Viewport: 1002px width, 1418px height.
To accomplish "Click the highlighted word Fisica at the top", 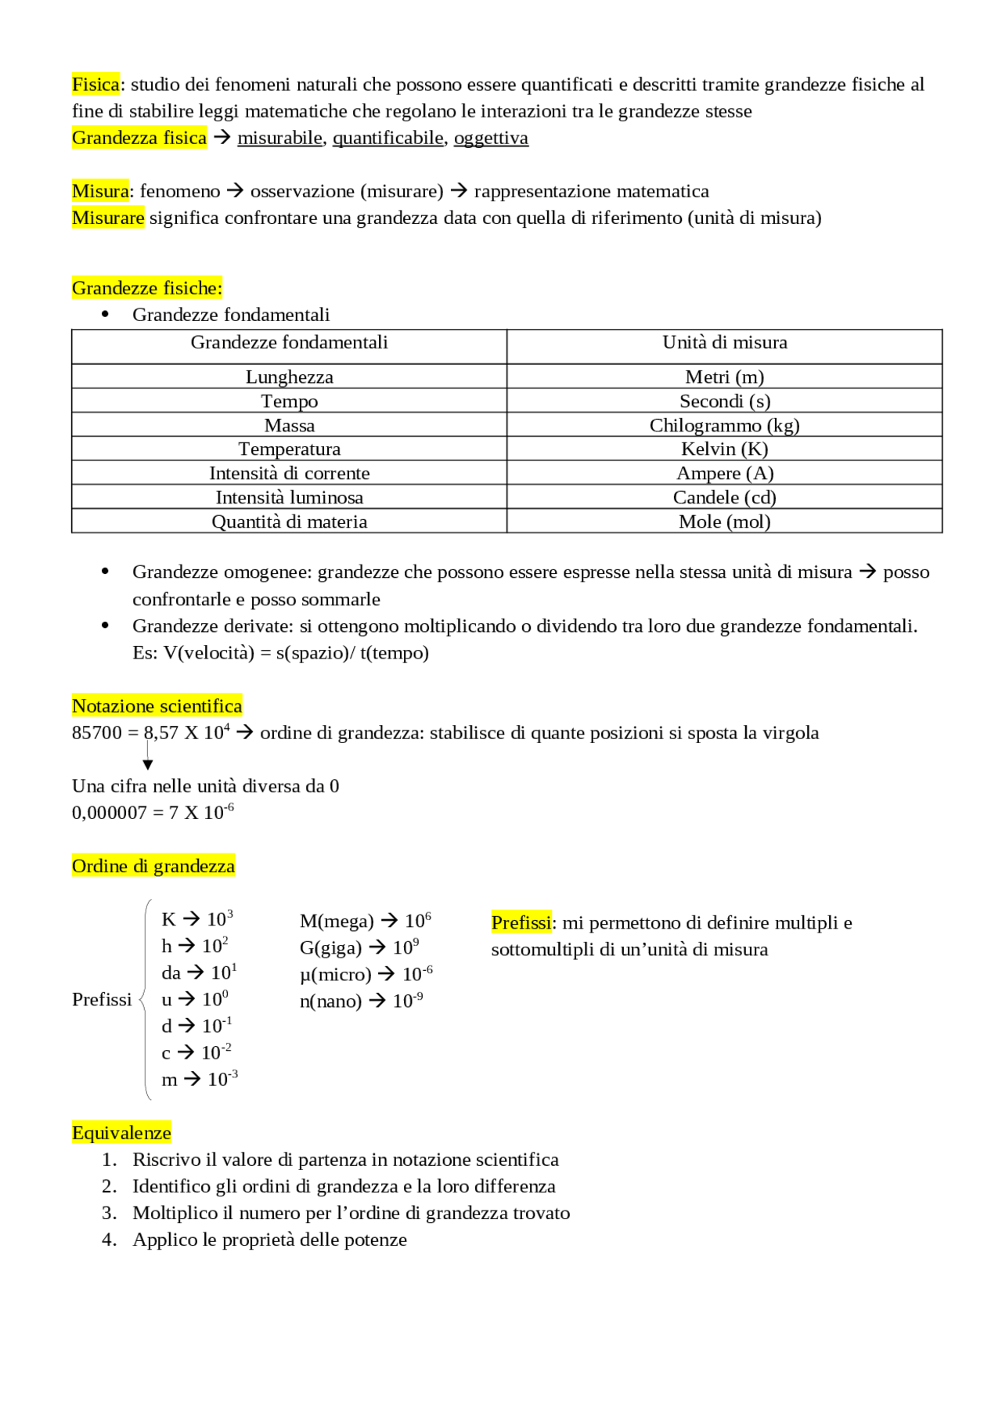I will [96, 85].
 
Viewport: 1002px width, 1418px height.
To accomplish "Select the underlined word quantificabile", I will [387, 139].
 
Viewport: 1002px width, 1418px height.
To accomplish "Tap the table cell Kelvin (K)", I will [724, 449].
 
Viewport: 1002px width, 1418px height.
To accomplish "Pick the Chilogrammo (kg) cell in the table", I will [724, 425].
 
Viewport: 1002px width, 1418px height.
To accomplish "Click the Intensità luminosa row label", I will [289, 497].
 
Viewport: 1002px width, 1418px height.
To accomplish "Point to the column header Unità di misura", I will [724, 343].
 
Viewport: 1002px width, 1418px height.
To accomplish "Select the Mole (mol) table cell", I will [724, 521].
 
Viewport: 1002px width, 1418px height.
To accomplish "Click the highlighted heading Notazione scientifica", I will [157, 706].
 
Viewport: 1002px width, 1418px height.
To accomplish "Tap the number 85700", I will [97, 733].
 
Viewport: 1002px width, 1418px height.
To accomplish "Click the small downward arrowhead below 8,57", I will [148, 765].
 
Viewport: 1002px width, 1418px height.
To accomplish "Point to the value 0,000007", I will [109, 813].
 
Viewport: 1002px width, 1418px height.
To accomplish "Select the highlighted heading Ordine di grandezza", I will [153, 866].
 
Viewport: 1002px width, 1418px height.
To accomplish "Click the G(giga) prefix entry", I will [330, 948].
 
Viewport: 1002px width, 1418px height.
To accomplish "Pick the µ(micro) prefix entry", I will [335, 975].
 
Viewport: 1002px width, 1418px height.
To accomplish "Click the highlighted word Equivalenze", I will [121, 1133].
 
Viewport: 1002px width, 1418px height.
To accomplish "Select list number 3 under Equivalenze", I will [110, 1213].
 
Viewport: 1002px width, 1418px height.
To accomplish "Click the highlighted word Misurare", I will [108, 218].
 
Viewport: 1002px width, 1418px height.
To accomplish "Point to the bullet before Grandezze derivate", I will [105, 626].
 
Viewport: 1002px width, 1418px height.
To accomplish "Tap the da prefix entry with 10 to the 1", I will [199, 972].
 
